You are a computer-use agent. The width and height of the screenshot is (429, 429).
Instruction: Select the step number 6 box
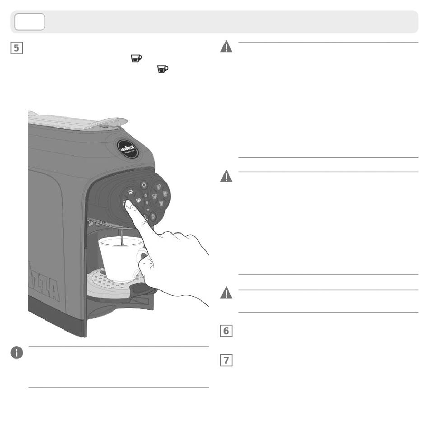pos(226,331)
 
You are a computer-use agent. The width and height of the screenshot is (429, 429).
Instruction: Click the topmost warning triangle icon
pos(226,47)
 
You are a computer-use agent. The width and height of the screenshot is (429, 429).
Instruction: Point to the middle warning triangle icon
pos(226,177)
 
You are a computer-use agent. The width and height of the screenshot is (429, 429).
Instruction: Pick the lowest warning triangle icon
pos(226,294)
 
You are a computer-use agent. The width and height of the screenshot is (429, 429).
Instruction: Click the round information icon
pos(17,353)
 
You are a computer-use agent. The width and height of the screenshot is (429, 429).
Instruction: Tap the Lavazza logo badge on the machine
pos(126,148)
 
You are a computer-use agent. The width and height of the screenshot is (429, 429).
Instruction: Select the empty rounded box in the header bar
pos(30,22)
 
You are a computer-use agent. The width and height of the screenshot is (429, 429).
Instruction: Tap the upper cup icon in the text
pos(136,58)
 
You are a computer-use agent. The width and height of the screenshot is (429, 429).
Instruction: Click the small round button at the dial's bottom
pos(153,216)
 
